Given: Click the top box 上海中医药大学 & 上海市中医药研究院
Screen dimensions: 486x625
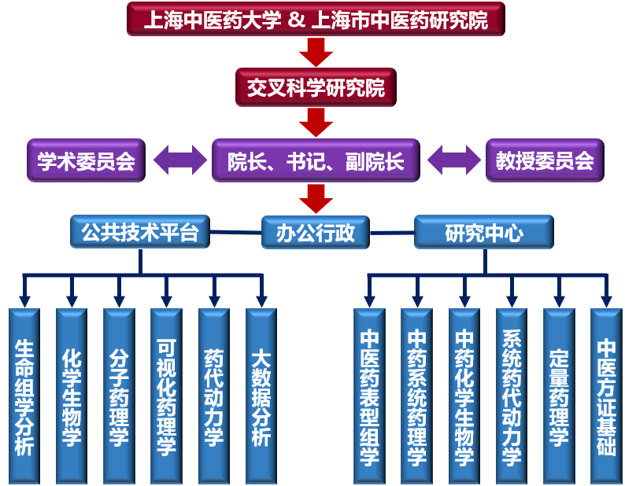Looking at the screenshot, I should (x=315, y=19).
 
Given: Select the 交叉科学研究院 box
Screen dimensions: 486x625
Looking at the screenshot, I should (x=315, y=87).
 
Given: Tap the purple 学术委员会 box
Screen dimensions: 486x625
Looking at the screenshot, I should (x=86, y=160).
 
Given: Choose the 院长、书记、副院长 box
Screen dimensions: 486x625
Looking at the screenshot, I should (x=316, y=160).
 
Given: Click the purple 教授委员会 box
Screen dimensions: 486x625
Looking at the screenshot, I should (x=544, y=160).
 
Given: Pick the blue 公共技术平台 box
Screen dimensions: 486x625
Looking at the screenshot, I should (x=140, y=232).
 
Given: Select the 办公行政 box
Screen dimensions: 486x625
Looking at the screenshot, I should (x=315, y=233).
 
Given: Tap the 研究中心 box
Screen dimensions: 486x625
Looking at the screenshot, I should (x=483, y=233).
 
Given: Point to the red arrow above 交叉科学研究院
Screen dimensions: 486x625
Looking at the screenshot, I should (x=316, y=52).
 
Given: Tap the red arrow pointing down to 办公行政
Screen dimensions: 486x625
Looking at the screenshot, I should (x=316, y=198).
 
